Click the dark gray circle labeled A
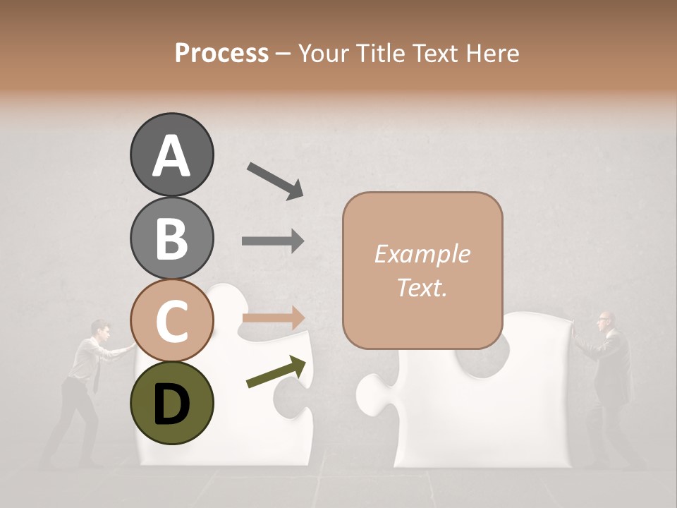[171, 155]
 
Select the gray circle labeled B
[171, 238]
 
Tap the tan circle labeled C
[171, 320]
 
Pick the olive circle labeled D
[171, 403]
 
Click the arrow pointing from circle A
[275, 180]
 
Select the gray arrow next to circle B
[273, 241]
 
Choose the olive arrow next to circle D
[276, 373]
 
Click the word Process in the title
[221, 53]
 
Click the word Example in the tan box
[422, 254]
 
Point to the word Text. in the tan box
[422, 287]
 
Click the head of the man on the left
[100, 329]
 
